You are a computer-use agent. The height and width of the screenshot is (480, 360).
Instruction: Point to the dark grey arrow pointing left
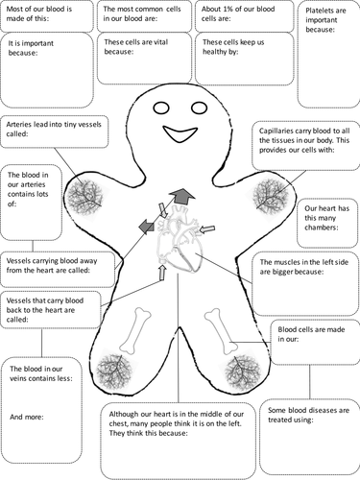click(x=144, y=226)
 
